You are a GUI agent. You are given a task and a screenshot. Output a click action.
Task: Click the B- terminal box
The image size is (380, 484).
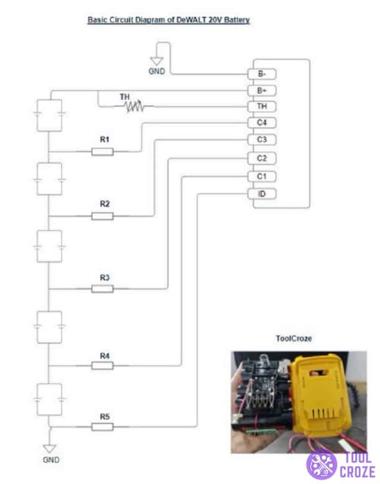[262, 74]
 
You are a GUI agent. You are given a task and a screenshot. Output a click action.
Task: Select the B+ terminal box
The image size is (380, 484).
[262, 91]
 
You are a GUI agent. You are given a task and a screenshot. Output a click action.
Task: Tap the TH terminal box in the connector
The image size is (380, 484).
[262, 107]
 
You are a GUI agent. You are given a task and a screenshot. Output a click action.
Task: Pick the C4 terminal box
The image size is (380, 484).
[262, 122]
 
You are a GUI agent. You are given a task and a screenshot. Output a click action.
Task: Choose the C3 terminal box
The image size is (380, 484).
[262, 140]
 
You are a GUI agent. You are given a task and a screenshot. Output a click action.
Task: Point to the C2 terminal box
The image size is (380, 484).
[262, 159]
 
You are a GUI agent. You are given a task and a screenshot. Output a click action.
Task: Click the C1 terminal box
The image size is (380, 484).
[262, 176]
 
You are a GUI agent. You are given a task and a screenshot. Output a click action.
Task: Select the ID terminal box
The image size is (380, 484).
[262, 194]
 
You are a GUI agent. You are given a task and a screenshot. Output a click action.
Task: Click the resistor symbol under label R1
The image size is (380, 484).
[102, 152]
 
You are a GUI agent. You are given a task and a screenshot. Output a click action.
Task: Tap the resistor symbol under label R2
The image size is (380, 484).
[102, 216]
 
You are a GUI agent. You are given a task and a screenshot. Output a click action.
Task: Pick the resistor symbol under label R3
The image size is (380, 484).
[102, 289]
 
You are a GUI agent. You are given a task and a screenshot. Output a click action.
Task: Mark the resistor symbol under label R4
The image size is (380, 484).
[102, 366]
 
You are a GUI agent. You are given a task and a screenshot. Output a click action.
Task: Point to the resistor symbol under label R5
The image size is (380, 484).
[102, 427]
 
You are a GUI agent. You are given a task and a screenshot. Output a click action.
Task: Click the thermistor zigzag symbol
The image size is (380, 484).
[134, 106]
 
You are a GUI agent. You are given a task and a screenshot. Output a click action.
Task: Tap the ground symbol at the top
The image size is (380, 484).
[157, 62]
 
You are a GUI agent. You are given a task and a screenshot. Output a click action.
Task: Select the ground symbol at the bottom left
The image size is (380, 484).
[49, 448]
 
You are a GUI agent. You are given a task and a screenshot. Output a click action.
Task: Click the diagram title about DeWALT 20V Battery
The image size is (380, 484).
[169, 20]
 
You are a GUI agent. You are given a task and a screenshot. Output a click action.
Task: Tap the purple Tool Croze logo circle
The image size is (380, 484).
[322, 464]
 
